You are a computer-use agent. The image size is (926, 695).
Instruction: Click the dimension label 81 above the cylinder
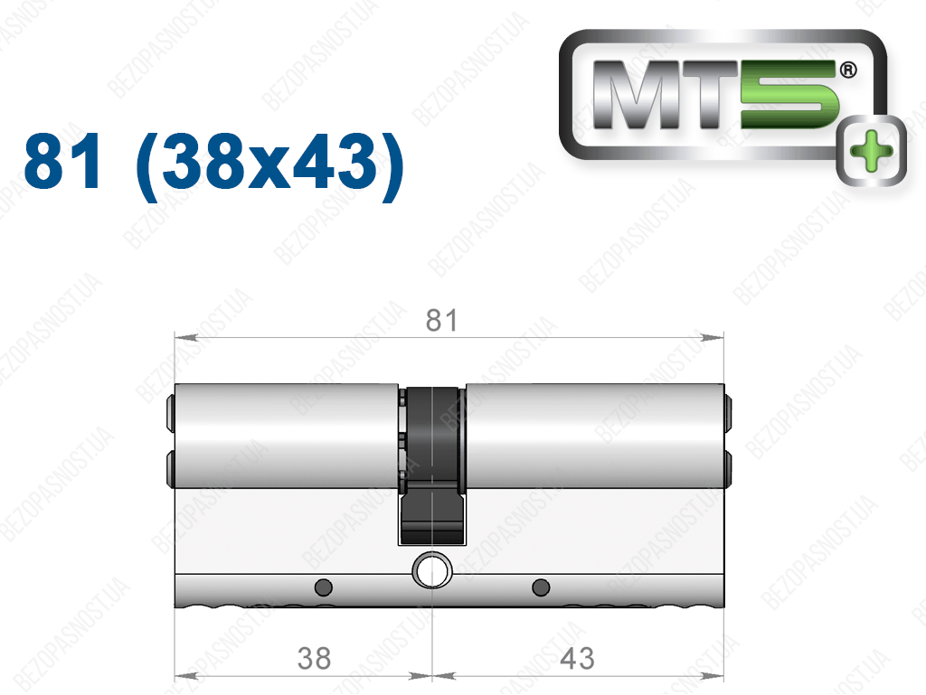tap(441, 320)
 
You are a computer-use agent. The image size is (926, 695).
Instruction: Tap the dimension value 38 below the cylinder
tap(314, 658)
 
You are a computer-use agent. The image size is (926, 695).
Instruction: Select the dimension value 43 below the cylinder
tap(577, 658)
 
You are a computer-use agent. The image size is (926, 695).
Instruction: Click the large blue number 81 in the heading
tap(62, 161)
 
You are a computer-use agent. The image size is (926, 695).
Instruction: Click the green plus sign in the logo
tap(871, 150)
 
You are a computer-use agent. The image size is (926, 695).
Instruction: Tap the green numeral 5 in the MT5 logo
tap(789, 95)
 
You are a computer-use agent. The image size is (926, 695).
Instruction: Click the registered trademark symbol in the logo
tap(848, 70)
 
